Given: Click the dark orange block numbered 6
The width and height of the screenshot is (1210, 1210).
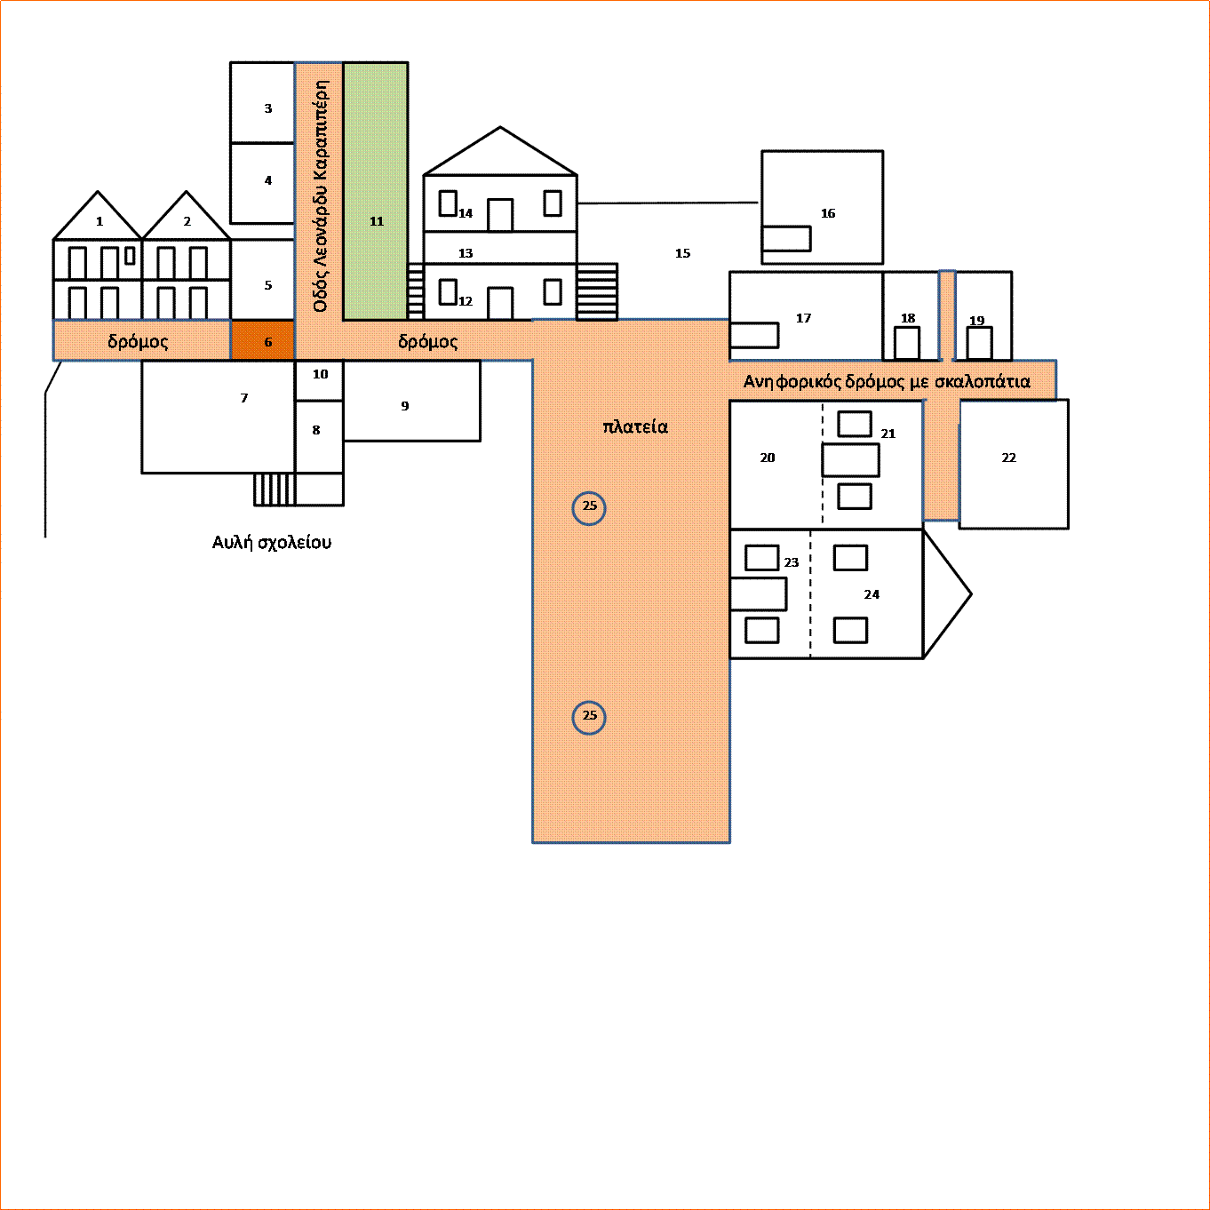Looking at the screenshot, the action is coord(262,340).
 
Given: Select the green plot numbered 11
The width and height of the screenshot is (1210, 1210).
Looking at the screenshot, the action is coord(375,191).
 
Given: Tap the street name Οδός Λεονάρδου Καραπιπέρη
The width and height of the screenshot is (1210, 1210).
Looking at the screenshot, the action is coord(320,196).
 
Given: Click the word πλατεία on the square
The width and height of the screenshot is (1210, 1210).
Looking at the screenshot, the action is coord(635,427).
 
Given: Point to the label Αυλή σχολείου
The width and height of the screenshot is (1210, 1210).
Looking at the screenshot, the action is coord(271,543).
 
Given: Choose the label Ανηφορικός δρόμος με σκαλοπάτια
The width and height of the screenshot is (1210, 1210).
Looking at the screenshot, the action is coord(887,382).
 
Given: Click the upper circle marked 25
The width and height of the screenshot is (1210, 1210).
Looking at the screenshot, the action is coord(589,508).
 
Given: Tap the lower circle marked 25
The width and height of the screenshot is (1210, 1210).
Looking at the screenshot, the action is coord(589,718).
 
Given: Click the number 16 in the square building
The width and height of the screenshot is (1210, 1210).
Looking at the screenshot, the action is coord(828,213).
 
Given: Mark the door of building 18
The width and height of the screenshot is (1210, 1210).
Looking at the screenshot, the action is coord(907,344).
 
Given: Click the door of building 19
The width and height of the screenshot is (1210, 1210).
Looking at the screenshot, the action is coord(979,344).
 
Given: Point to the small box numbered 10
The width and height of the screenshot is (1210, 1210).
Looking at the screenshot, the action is coord(319,380).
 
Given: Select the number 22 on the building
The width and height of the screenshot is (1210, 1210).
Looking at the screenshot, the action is coord(1008,458).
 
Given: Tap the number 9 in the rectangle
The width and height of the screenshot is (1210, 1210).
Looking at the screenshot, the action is coord(405,406).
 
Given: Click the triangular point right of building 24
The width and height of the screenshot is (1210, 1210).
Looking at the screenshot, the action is coord(971,593).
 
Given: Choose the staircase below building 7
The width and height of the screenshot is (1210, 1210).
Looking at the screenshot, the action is coord(275,490).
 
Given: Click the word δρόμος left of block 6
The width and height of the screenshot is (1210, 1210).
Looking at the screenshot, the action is coord(138,341).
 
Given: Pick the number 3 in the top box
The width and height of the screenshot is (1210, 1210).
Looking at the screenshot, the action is coord(268,108).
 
